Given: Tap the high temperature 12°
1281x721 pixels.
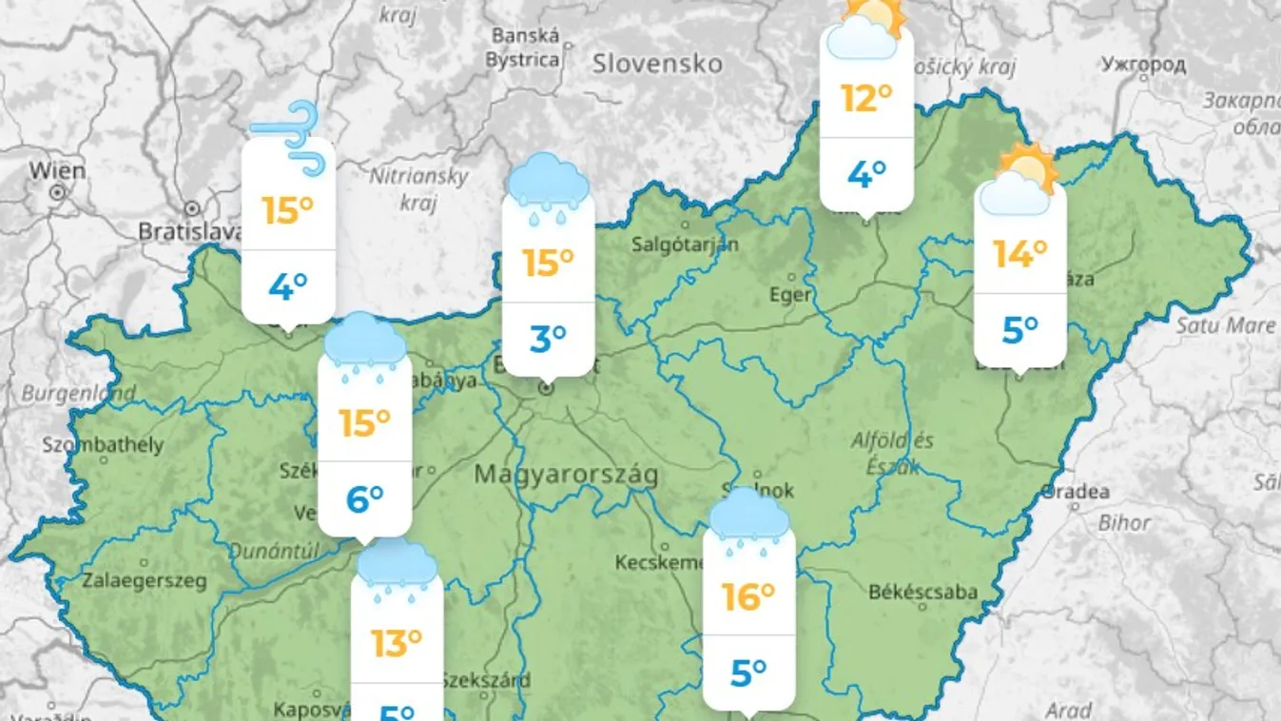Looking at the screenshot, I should point(865,98).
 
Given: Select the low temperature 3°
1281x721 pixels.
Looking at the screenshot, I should point(548,338).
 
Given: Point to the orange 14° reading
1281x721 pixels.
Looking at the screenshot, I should point(1019,254).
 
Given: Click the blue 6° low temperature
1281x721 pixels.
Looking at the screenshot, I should point(364,497).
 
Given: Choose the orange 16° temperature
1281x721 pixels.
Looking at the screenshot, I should point(748,596).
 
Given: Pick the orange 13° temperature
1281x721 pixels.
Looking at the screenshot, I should point(397,644).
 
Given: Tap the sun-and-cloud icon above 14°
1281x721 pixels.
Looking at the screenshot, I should point(1019,180).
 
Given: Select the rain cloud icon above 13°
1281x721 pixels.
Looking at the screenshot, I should point(397,568).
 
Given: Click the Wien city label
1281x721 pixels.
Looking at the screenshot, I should point(57,171).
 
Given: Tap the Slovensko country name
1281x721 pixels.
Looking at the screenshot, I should point(657,64).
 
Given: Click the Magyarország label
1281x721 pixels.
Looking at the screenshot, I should point(566,474).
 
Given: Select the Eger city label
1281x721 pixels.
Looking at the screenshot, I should point(790,295).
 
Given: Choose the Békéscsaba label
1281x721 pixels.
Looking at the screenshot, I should point(922,592).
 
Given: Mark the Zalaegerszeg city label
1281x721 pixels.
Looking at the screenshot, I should point(144,580).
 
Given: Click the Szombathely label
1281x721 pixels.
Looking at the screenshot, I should point(103,444).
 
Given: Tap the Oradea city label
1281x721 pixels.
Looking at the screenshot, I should point(1076,492).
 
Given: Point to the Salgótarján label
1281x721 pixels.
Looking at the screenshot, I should point(685,244).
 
